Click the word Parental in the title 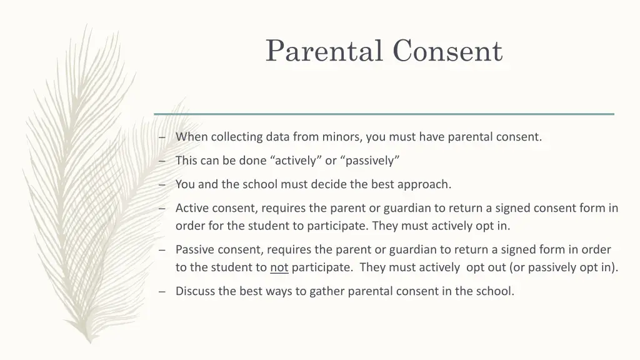[x=324, y=51]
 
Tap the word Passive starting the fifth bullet [x=194, y=250]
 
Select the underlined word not [x=279, y=268]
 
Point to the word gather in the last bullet [x=327, y=291]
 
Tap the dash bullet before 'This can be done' [x=162, y=161]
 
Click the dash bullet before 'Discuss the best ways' [x=162, y=291]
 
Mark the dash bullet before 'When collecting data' [x=162, y=137]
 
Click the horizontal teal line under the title [x=384, y=114]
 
